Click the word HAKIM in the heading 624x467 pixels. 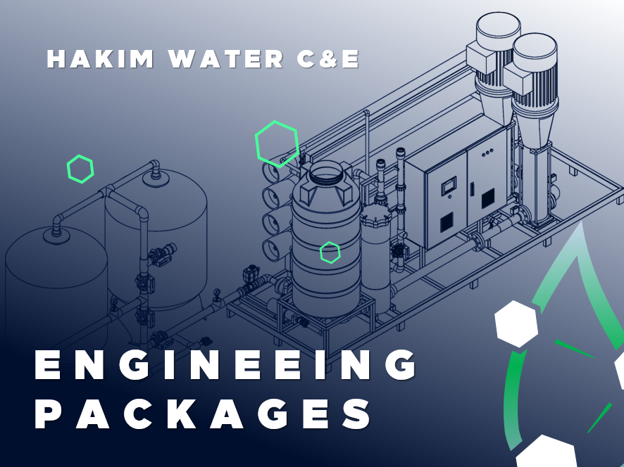tap(100, 59)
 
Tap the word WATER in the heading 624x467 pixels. tap(226, 59)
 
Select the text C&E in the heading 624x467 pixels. tap(328, 59)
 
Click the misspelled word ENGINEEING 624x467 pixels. tap(225, 364)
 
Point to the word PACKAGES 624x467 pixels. tap(203, 413)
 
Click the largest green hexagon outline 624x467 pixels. tap(277, 143)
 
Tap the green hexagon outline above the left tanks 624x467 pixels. tap(80, 169)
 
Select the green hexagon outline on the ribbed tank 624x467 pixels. tap(330, 252)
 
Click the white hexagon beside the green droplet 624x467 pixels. tap(516, 324)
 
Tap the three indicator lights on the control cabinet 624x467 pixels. tap(488, 153)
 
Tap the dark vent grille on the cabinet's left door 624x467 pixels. tap(447, 222)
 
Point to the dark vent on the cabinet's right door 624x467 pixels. tap(488, 198)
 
